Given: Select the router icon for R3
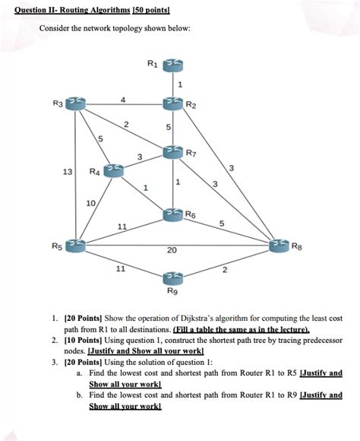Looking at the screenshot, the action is click(x=74, y=102).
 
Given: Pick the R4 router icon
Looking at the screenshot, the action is click(x=112, y=169).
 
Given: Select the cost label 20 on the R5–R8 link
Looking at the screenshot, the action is click(x=172, y=251).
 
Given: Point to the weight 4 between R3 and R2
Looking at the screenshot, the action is click(x=123, y=97).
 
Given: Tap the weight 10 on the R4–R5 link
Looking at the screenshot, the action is click(x=91, y=203).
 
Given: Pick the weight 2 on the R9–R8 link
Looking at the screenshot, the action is click(x=225, y=269).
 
